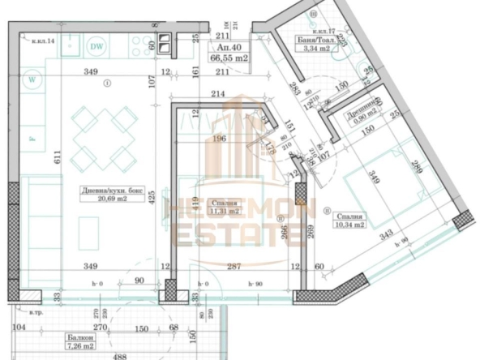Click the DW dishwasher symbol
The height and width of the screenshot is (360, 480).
(x=98, y=47)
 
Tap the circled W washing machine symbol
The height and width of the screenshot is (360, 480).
(x=32, y=79)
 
